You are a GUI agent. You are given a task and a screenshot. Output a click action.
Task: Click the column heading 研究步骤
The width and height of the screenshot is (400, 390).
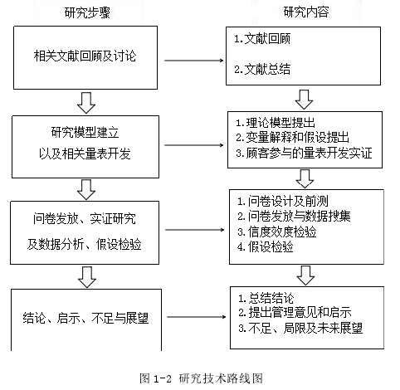tap(87, 12)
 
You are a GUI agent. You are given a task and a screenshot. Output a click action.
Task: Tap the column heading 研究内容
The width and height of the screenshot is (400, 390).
tap(306, 12)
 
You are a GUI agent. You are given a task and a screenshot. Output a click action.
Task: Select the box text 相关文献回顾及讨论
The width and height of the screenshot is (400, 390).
tap(85, 56)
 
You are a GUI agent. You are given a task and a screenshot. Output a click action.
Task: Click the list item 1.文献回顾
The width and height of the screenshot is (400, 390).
tap(262, 39)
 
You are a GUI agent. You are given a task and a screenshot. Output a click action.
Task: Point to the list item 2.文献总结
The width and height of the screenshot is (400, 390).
tap(262, 69)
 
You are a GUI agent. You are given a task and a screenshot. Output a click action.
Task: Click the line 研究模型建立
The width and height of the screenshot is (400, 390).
tap(85, 132)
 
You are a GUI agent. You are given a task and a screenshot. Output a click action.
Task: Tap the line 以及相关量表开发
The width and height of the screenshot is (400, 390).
tap(85, 154)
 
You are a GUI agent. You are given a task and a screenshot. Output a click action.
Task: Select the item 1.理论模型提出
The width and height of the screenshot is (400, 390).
tap(276, 123)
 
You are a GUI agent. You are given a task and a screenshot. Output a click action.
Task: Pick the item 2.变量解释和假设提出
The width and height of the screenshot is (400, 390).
tap(292, 137)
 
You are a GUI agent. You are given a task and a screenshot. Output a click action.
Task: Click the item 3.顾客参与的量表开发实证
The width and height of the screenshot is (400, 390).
tap(304, 153)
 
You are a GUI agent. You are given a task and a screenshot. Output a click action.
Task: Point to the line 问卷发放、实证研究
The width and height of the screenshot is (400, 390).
tap(85, 219)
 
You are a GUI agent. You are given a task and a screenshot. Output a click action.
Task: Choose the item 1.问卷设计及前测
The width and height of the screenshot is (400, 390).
tap(283, 201)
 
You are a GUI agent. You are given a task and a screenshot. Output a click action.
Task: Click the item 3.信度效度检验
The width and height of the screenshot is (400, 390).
tap(277, 232)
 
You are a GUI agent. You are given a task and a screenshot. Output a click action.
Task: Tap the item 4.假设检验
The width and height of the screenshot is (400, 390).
tap(266, 247)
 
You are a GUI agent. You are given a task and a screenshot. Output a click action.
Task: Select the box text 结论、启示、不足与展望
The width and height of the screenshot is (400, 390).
tap(85, 318)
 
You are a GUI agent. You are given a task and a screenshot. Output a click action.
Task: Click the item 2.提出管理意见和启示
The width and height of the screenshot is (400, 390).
tap(295, 313)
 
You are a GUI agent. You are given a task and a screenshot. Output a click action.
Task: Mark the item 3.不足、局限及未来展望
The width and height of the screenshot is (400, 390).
tap(300, 329)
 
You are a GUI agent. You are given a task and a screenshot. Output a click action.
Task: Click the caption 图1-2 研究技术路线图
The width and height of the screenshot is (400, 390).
tap(201, 378)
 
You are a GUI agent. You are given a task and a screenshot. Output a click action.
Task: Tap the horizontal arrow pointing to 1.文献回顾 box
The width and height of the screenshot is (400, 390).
tap(194, 61)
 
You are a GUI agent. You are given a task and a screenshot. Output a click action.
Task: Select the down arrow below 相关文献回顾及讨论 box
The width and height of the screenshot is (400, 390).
tap(86, 103)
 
